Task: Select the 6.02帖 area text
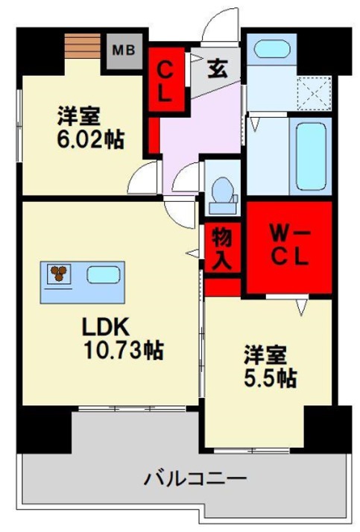[x=89, y=139]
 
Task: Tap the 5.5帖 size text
[x=270, y=378]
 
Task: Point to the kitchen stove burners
[x=58, y=274]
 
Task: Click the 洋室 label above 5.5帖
[x=269, y=353]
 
